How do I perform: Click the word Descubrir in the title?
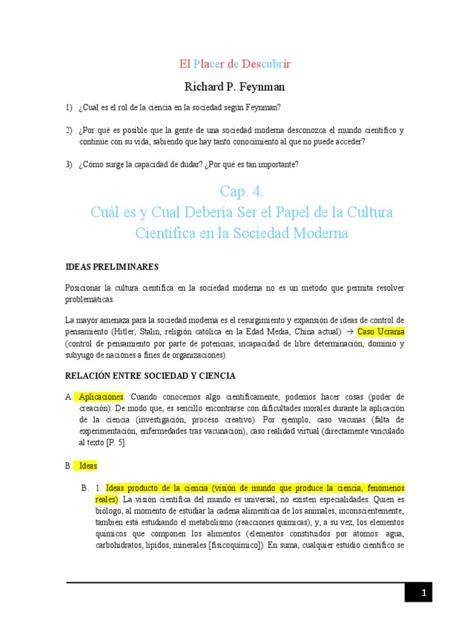tap(266, 64)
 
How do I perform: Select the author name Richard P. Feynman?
tap(235, 87)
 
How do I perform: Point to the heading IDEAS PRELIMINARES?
tap(112, 267)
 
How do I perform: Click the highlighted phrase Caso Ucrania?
tap(381, 332)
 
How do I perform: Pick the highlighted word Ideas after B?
tap(88, 466)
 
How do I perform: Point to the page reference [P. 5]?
tap(114, 443)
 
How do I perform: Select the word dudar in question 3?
tap(192, 165)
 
